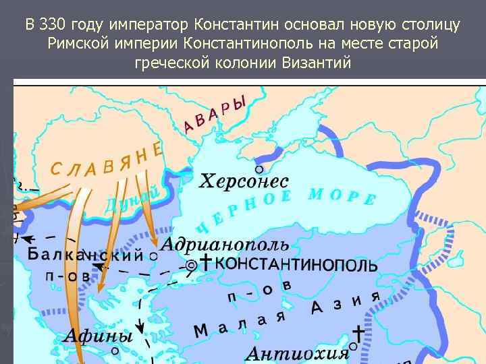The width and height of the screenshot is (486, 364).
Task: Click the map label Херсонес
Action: click(x=244, y=182)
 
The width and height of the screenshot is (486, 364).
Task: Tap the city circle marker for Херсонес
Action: click(x=258, y=169)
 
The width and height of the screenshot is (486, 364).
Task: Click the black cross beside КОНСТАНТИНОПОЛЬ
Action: click(x=205, y=262)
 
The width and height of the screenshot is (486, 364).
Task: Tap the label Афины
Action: click(x=99, y=335)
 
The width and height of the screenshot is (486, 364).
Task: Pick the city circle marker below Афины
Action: click(x=115, y=351)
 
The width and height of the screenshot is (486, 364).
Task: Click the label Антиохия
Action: click(x=297, y=354)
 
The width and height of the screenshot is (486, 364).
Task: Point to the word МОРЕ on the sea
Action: click(x=342, y=196)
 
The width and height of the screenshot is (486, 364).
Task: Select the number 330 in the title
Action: click(x=53, y=26)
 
